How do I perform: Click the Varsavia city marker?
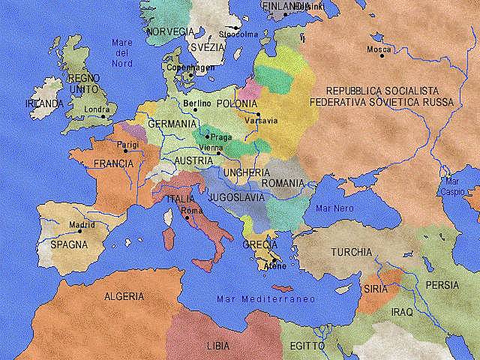pyautogui.click(x=258, y=114)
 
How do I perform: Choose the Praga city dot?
pyautogui.click(x=207, y=136)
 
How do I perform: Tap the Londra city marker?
pyautogui.click(x=103, y=116)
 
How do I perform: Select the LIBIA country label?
pyautogui.click(x=219, y=346)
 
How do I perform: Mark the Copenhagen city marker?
pyautogui.click(x=191, y=75)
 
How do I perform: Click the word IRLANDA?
pyautogui.click(x=43, y=103)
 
